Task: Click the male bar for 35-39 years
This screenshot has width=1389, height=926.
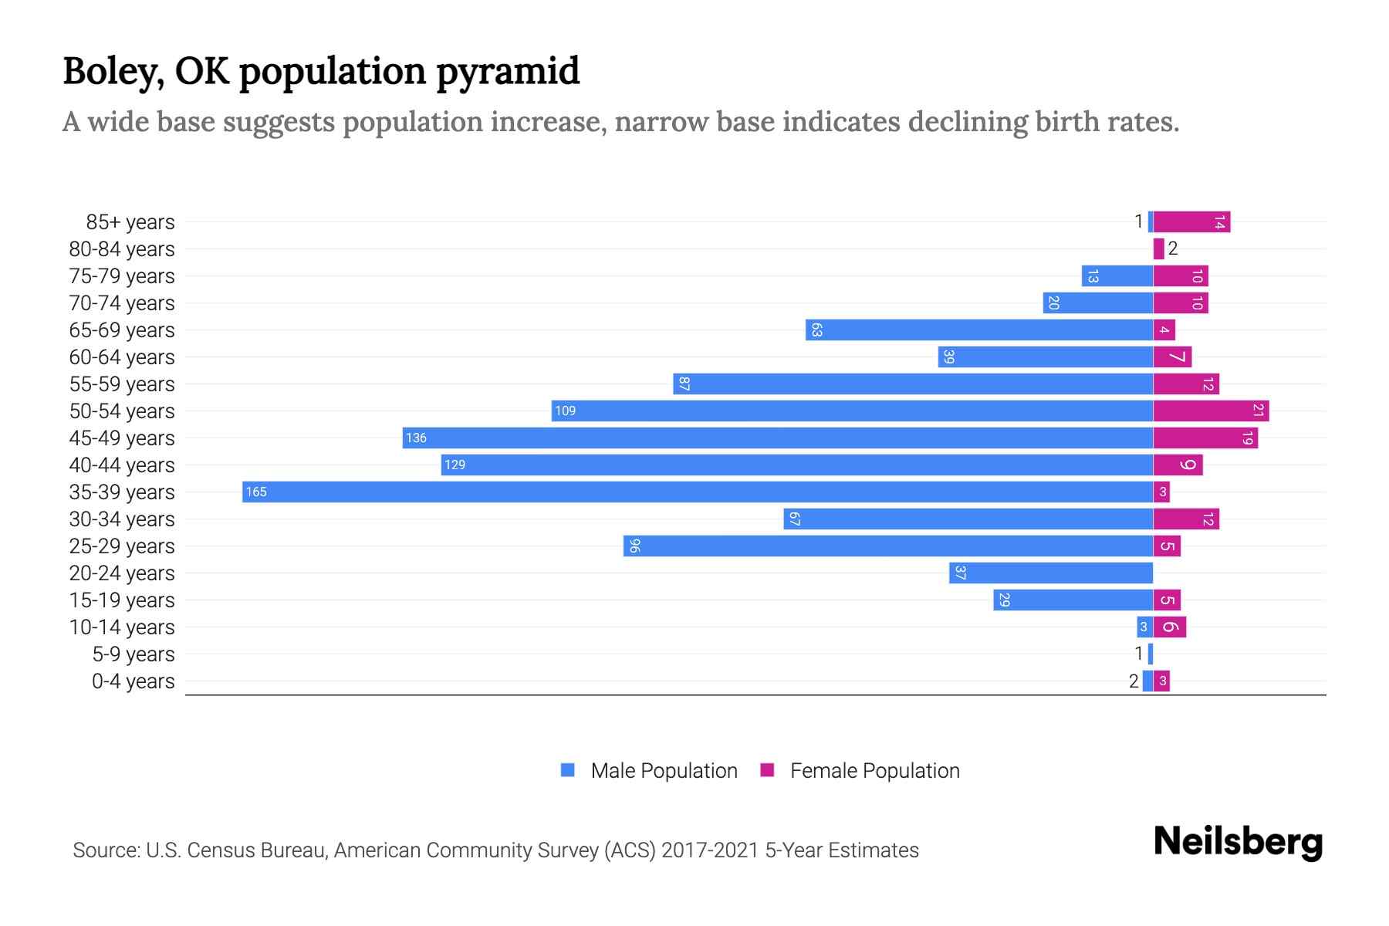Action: click(x=698, y=492)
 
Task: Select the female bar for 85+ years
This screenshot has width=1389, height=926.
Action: click(x=1191, y=222)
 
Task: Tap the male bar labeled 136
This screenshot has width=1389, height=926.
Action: click(x=778, y=438)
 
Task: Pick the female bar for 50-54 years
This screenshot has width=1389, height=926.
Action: click(x=1211, y=411)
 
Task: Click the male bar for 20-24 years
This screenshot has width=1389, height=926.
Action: click(x=1051, y=573)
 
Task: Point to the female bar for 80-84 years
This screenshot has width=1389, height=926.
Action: click(x=1158, y=249)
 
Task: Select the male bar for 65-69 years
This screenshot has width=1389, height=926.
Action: click(x=979, y=330)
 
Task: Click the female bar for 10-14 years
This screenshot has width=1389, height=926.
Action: click(x=1170, y=627)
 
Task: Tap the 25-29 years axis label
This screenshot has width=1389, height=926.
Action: click(x=122, y=546)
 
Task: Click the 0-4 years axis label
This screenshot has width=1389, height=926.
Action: click(x=133, y=681)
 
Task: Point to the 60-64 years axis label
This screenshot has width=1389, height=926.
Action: click(x=122, y=357)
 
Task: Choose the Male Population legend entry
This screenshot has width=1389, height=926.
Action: click(x=649, y=771)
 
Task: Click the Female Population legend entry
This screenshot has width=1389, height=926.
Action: click(x=860, y=771)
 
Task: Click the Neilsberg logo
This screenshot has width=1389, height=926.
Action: click(x=1238, y=842)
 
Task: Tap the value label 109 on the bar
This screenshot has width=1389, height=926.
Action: click(x=566, y=411)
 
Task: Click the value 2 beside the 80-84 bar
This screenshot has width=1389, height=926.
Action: click(x=1173, y=248)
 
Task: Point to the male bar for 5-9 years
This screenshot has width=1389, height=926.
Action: click(x=1151, y=654)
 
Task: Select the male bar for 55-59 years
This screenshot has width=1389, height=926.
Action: click(x=913, y=384)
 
